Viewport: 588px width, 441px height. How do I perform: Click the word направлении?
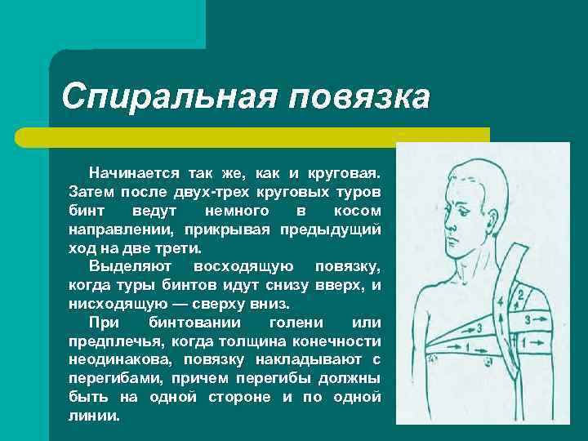pyautogui.click(x=122, y=229)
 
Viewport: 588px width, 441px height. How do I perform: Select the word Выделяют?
pyautogui.click(x=130, y=267)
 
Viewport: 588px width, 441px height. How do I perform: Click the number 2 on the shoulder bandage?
pyautogui.click(x=521, y=295)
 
